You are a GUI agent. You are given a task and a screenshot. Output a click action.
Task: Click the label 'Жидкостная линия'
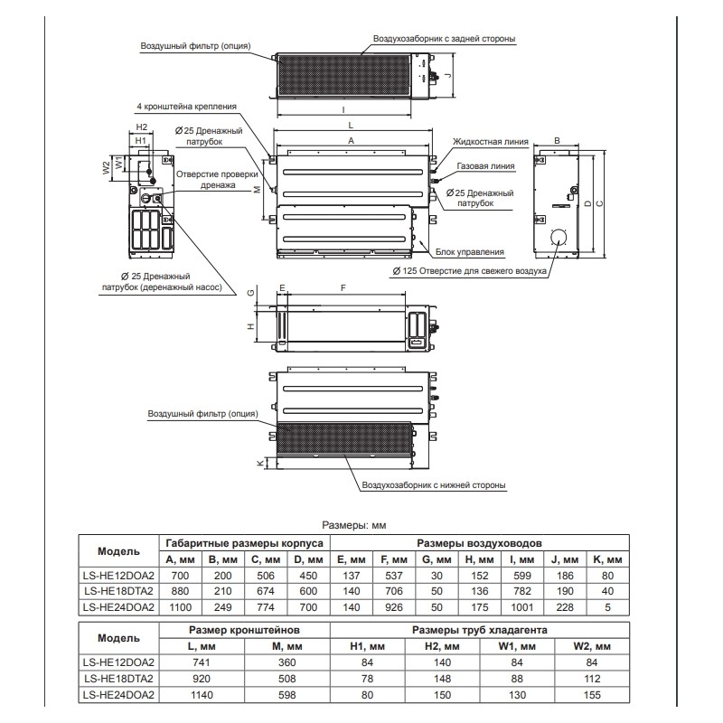point(486,142)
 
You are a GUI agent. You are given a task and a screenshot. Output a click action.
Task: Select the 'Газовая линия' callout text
point(486,166)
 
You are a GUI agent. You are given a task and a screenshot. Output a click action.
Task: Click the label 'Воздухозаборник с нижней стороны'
point(433,485)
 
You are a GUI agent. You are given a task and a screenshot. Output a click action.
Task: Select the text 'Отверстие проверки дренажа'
point(206,179)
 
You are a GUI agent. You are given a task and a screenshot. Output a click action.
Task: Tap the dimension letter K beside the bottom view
point(259,463)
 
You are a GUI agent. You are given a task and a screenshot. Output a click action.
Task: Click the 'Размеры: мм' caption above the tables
point(354,524)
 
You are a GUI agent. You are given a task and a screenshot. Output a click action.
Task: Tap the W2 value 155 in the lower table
point(592,696)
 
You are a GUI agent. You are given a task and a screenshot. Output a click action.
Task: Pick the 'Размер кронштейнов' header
point(242,629)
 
